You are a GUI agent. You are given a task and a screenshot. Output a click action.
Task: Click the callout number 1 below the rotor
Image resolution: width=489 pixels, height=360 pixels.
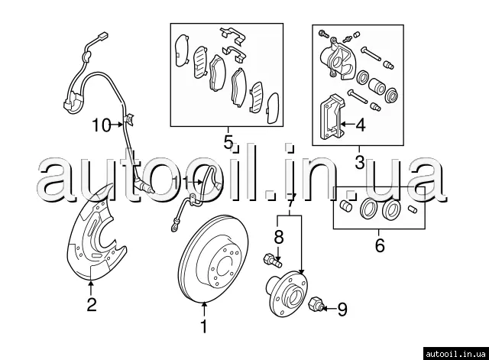(x=203, y=327)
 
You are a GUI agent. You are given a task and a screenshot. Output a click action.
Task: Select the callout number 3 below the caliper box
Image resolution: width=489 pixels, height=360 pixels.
(x=359, y=161)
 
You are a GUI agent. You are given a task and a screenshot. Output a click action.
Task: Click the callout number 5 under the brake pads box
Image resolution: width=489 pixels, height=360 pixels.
(x=228, y=141)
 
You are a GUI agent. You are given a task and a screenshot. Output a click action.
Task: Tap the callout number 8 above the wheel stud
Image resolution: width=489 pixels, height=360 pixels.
(x=279, y=237)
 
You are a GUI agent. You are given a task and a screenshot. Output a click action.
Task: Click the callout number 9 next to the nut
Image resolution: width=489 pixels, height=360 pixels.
(x=342, y=309)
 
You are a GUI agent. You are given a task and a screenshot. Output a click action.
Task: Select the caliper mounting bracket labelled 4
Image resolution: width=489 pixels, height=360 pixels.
(x=331, y=118)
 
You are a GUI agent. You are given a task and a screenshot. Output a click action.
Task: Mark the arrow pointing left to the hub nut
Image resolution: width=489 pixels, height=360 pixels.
(x=326, y=309)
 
